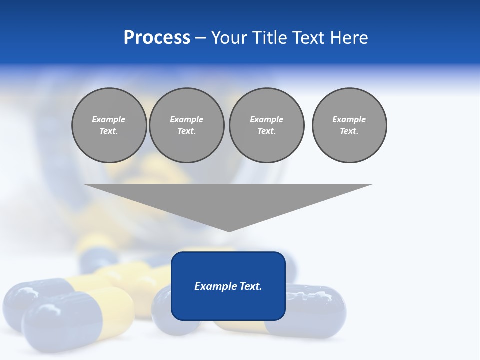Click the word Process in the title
[x=157, y=38]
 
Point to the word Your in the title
[x=229, y=38]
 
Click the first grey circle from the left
[x=109, y=125]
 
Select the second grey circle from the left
[x=186, y=125]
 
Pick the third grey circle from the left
[x=266, y=125]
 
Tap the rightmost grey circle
[x=349, y=125]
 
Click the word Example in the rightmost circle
[x=349, y=119]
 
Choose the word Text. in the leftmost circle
[x=109, y=131]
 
